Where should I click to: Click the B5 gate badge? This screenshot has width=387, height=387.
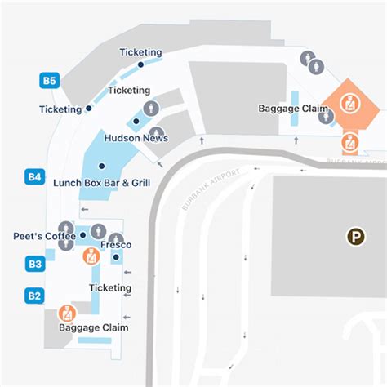pyautogui.click(x=50, y=80)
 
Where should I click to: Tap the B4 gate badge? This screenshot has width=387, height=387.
pyautogui.click(x=34, y=176)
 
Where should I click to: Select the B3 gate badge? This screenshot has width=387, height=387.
pyautogui.click(x=34, y=264)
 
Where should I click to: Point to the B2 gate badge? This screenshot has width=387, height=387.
pyautogui.click(x=34, y=295)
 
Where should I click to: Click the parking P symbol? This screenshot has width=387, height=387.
pyautogui.click(x=355, y=238)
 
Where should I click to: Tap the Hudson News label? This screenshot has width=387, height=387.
pyautogui.click(x=136, y=138)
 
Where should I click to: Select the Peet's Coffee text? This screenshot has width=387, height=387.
pyautogui.click(x=44, y=236)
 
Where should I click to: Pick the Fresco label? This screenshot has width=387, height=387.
pyautogui.click(x=115, y=245)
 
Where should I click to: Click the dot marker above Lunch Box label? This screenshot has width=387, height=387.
pyautogui.click(x=101, y=167)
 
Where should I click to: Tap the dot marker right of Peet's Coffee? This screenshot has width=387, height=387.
pyautogui.click(x=83, y=236)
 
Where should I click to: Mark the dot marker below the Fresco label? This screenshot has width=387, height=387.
pyautogui.click(x=116, y=257)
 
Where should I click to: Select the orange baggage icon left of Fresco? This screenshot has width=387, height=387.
pyautogui.click(x=91, y=256)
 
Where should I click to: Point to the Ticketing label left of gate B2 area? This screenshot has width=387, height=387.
pyautogui.click(x=109, y=287)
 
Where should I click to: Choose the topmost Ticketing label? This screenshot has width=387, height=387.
pyautogui.click(x=140, y=52)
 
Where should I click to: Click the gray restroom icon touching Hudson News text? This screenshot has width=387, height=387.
pyautogui.click(x=156, y=132)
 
